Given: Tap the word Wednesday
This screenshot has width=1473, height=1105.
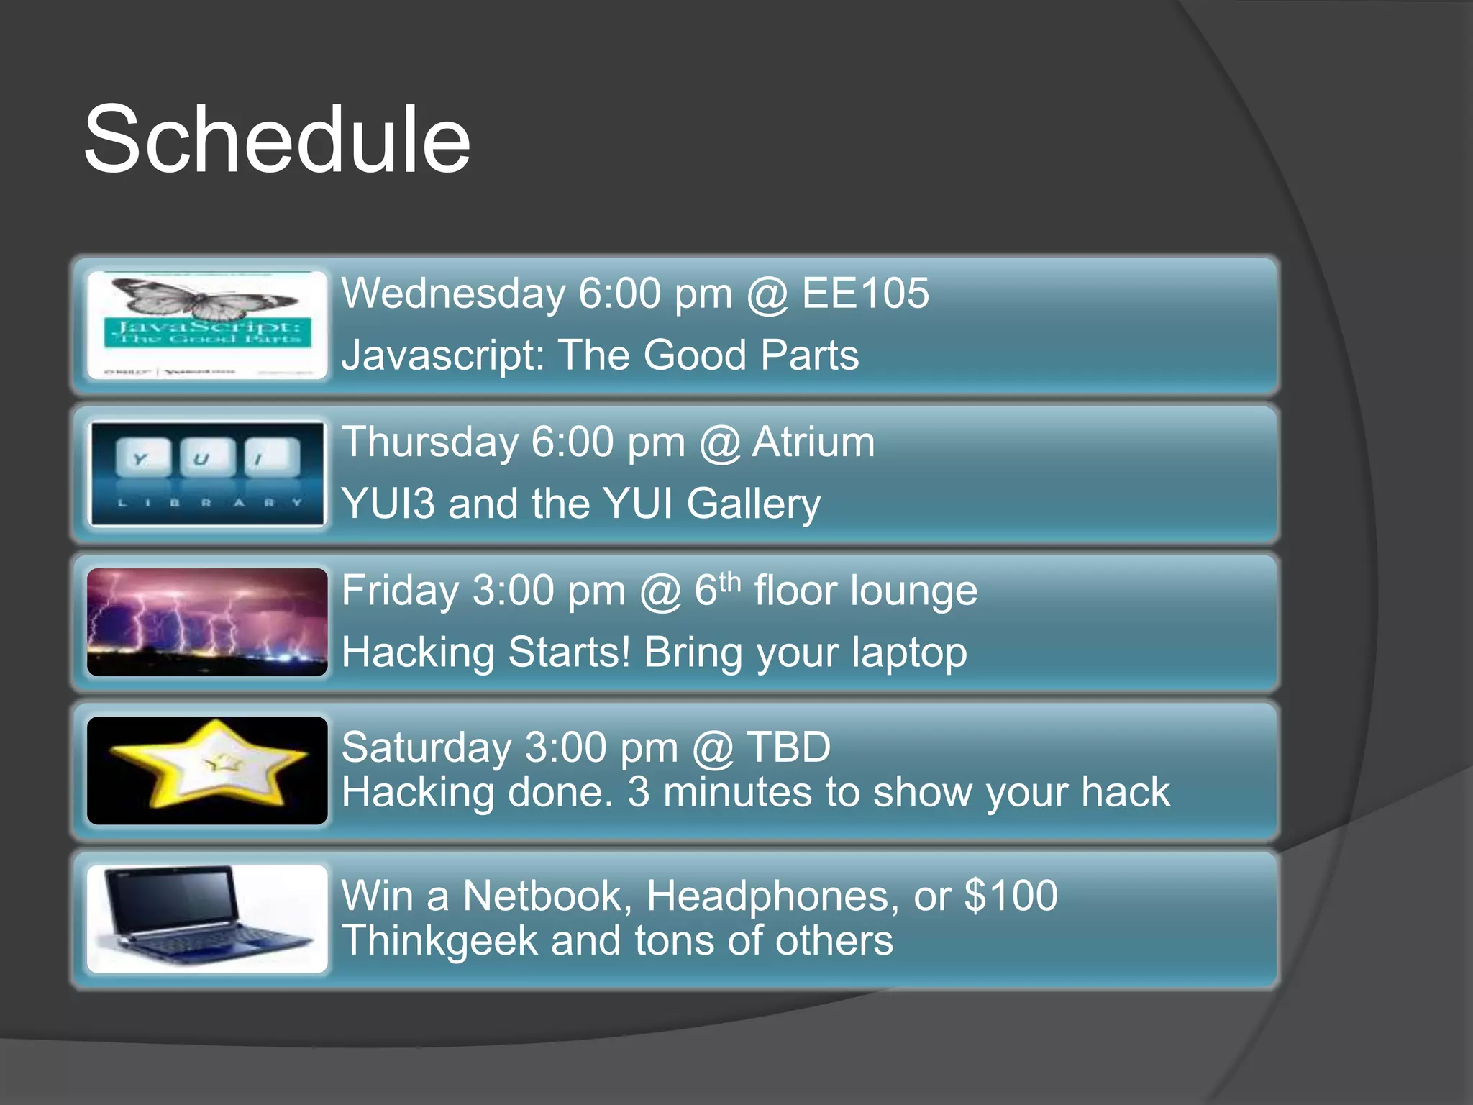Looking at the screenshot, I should coord(454,294).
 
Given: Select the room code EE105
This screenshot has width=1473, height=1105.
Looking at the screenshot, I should coord(865,294).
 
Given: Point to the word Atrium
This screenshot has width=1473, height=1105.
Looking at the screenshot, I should coord(813,442).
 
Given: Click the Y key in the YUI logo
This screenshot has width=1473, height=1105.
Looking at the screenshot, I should coord(143,458).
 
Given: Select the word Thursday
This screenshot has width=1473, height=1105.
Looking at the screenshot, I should coord(429,442).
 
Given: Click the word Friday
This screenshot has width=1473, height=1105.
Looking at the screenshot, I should coord(400,591).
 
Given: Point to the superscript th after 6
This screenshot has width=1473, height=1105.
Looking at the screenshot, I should coord(729,581).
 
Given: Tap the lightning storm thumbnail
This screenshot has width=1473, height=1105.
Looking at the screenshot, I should coord(207,622).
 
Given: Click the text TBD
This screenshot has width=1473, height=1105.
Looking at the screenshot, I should coord(788,747).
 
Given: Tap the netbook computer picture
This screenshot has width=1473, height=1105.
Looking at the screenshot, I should coord(207,918).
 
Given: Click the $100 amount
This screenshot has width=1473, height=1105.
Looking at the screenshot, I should coord(1011,896).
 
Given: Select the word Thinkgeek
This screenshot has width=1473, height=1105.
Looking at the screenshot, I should coord(439,941).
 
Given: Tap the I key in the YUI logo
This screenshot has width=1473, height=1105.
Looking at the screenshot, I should coord(271,458).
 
